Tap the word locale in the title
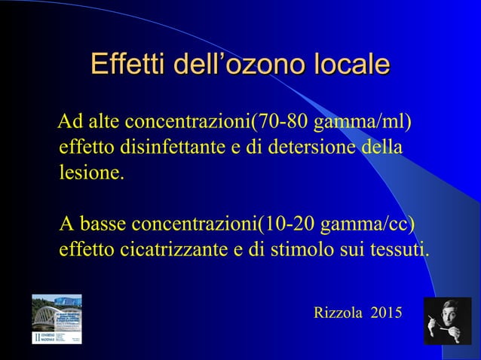click(x=352, y=63)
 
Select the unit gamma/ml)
click(x=363, y=122)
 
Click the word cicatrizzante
click(x=170, y=249)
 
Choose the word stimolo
click(x=299, y=249)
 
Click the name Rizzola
click(x=339, y=312)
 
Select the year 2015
click(x=386, y=312)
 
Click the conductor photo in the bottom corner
click(x=447, y=321)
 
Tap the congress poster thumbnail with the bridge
click(x=57, y=319)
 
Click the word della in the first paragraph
click(x=382, y=146)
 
